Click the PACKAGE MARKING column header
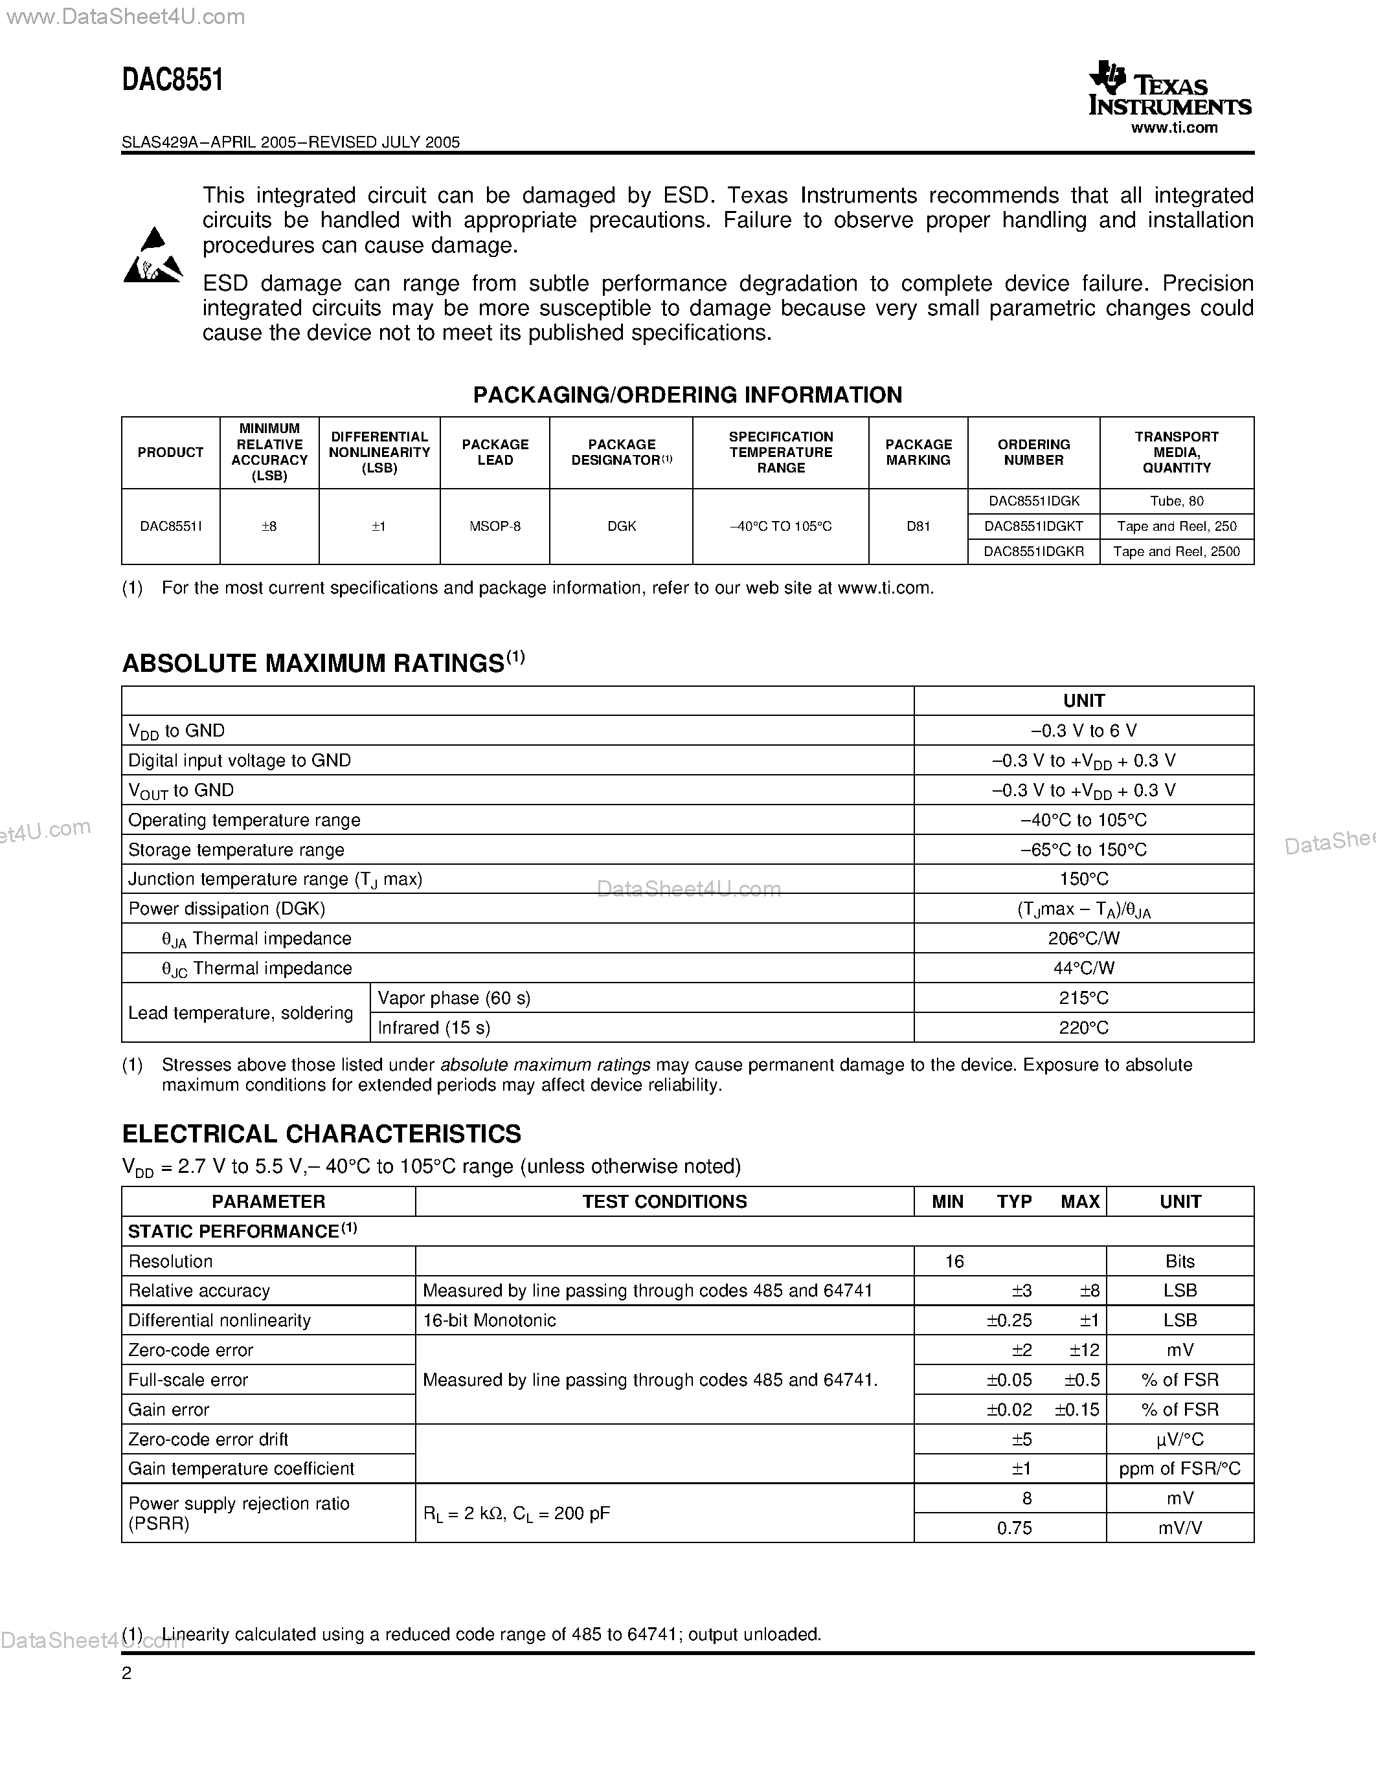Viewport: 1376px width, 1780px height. [x=918, y=452]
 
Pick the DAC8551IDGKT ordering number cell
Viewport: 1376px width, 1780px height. [x=1033, y=526]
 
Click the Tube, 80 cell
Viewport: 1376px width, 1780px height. [x=1177, y=501]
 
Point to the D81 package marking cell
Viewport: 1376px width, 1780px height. [x=918, y=526]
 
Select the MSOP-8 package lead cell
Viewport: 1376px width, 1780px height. [x=495, y=526]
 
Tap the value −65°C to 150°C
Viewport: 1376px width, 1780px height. [x=1083, y=850]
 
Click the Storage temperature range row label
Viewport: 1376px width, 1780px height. [x=236, y=850]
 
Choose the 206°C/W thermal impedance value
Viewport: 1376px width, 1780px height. [x=1083, y=939]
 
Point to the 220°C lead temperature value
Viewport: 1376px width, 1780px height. [x=1083, y=1028]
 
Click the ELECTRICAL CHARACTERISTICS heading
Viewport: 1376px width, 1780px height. [x=321, y=1133]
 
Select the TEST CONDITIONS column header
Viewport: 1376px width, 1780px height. [x=664, y=1201]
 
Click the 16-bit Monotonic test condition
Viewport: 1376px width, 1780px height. [x=489, y=1320]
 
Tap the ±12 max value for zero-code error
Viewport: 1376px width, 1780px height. [x=1084, y=1350]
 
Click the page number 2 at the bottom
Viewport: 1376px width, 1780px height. [x=126, y=1673]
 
